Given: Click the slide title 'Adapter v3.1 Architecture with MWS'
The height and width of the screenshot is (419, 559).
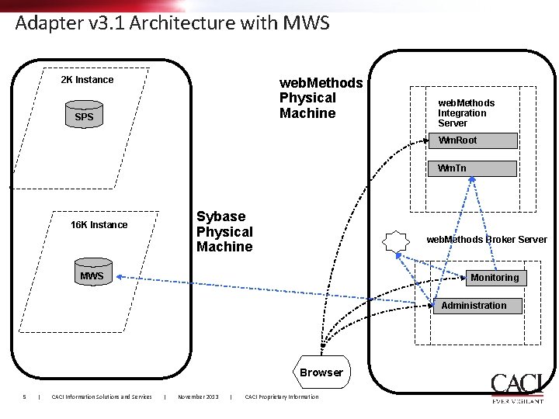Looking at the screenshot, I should (x=172, y=23).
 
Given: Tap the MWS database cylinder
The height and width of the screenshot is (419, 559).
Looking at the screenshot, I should (x=92, y=275).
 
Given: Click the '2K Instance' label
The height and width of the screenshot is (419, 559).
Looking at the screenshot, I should (x=87, y=80).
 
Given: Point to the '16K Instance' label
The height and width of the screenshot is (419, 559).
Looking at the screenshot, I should (x=99, y=225).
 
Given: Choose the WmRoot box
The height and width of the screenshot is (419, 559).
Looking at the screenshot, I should (x=473, y=140).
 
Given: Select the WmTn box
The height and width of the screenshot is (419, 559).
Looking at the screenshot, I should (x=473, y=168).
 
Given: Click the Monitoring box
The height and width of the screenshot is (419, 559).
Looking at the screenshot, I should (x=494, y=278).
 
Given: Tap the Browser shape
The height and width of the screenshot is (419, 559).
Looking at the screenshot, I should (x=321, y=372).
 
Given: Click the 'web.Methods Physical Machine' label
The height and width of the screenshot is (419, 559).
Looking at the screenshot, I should (x=320, y=98).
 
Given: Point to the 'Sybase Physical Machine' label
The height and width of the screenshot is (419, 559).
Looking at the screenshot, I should (x=224, y=231).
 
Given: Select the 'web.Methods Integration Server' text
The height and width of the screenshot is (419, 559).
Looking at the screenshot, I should (x=466, y=113).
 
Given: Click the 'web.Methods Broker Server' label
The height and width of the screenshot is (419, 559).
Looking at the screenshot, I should (x=486, y=240).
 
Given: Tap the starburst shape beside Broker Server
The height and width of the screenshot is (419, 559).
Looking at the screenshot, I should (x=396, y=241).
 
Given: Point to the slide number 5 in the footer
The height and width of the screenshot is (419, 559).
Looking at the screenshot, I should (x=25, y=397).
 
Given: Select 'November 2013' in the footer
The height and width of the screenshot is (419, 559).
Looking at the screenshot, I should (x=198, y=397).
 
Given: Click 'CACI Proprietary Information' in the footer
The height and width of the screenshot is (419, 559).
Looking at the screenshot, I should (x=281, y=397).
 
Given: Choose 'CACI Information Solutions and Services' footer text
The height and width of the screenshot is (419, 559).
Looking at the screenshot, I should (x=101, y=397).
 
